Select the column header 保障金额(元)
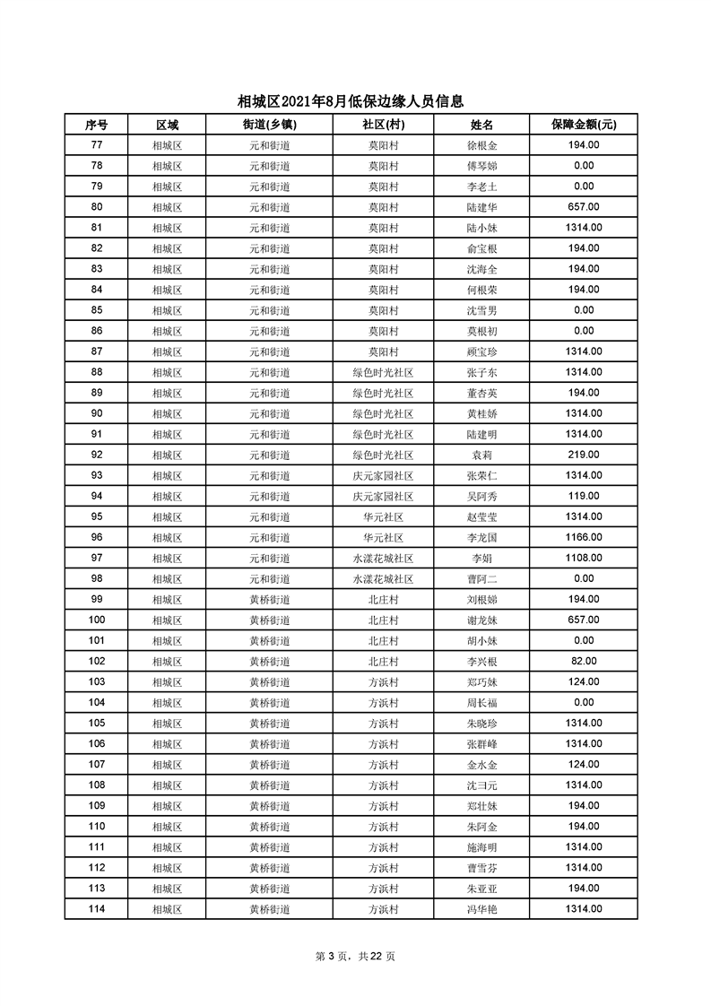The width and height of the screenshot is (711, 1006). pyautogui.click(x=583, y=125)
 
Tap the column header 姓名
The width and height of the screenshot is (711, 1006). pyautogui.click(x=482, y=125)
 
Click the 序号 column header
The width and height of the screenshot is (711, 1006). pyautogui.click(x=97, y=125)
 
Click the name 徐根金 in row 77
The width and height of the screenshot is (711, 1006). pyautogui.click(x=482, y=145)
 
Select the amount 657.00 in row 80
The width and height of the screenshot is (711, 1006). pyautogui.click(x=584, y=207)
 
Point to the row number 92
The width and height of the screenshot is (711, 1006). pyautogui.click(x=97, y=455)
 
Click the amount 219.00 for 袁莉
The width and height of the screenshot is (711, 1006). pyautogui.click(x=584, y=455)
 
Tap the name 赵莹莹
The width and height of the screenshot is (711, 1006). pyautogui.click(x=482, y=517)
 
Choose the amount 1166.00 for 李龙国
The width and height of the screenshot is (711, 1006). pyautogui.click(x=584, y=538)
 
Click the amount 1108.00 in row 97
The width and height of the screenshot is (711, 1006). pyautogui.click(x=584, y=559)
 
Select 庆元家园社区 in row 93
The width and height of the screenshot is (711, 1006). pyautogui.click(x=383, y=475)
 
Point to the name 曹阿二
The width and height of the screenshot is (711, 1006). pyautogui.click(x=482, y=579)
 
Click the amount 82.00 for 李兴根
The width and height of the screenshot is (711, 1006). pyautogui.click(x=584, y=662)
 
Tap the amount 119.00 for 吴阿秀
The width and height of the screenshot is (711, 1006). pyautogui.click(x=584, y=496)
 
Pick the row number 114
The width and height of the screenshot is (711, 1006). pyautogui.click(x=97, y=909)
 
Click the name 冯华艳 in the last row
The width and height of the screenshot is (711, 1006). pyautogui.click(x=482, y=909)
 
